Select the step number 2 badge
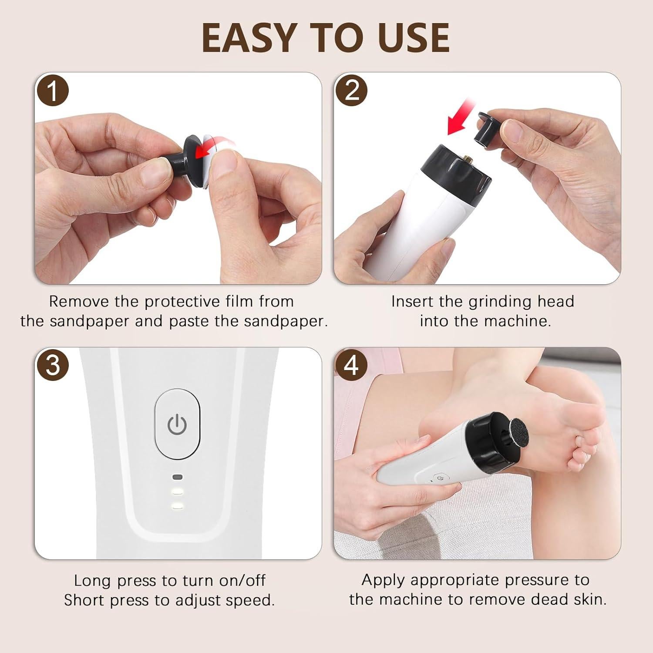point(351,91)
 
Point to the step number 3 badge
point(52,365)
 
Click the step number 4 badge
point(351,365)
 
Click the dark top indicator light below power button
point(177,477)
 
